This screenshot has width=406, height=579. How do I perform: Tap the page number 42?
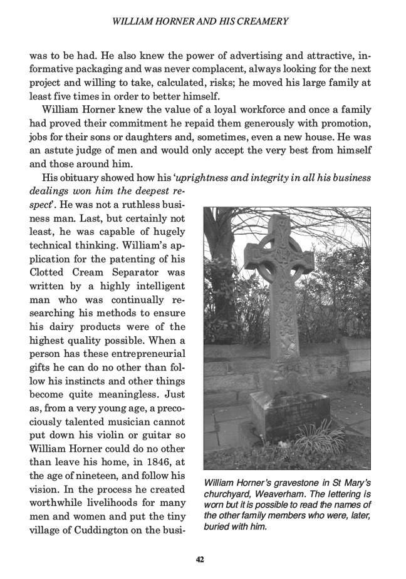[200, 559]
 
